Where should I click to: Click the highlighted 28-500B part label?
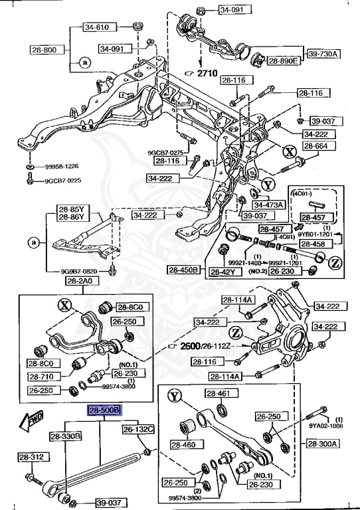[x=104, y=411]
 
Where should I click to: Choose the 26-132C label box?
[x=137, y=429]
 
